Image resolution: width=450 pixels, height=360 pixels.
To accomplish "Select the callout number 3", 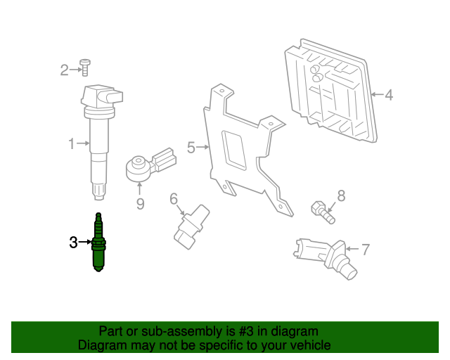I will (x=73, y=243).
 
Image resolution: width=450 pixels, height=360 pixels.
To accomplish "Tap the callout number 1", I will (x=71, y=143).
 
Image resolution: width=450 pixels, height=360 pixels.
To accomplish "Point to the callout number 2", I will (x=63, y=69).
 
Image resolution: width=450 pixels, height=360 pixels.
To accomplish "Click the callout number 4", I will (x=389, y=94).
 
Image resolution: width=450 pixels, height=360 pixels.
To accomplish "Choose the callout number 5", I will (x=191, y=148).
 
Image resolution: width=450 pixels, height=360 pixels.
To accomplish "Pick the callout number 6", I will (x=174, y=200).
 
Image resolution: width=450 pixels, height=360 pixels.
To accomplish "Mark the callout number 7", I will (x=365, y=248).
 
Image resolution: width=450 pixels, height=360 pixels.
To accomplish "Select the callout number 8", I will (x=342, y=195).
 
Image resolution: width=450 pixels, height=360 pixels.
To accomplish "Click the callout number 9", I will (x=140, y=204).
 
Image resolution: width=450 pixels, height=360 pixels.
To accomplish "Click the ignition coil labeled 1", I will (x=98, y=134).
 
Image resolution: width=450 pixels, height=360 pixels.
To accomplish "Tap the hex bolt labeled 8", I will (x=320, y=210).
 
